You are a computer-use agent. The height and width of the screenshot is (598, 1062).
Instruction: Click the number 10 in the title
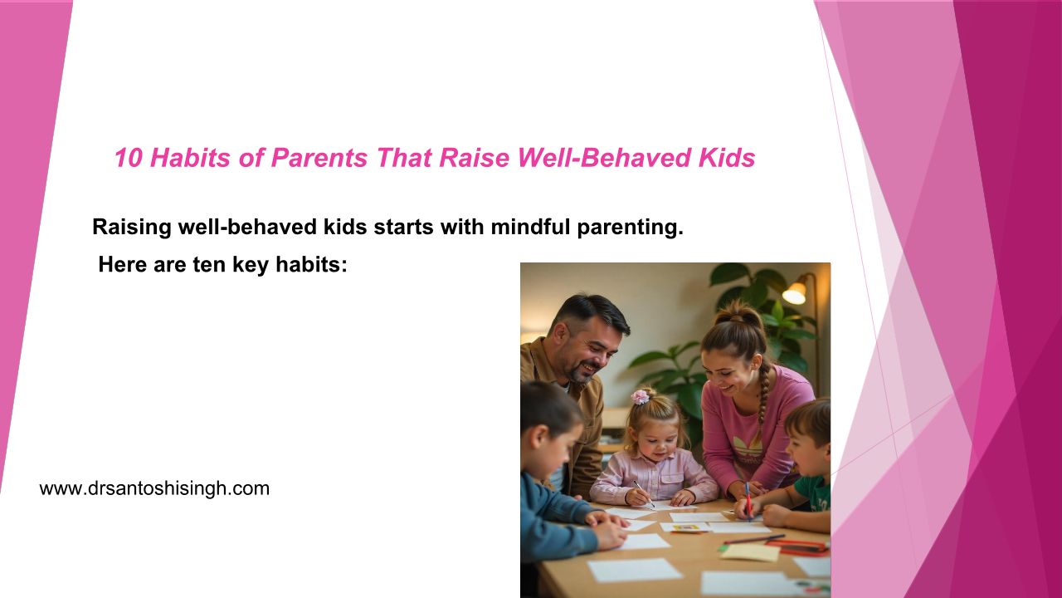point(128,158)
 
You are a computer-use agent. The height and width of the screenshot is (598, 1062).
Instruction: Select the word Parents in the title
point(319,158)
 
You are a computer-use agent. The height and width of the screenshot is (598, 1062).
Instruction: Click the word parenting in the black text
point(630,228)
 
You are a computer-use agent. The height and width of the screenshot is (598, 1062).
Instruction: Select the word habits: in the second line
point(311,264)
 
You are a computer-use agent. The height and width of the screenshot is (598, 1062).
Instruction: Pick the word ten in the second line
point(209,265)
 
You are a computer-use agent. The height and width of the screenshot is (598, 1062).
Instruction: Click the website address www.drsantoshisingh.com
point(154,488)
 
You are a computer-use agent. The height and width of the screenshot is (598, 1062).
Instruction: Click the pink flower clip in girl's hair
point(640,396)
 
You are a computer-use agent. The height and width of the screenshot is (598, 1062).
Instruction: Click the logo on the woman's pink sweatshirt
point(748,449)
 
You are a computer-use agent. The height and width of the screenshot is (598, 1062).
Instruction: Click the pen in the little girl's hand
point(644,493)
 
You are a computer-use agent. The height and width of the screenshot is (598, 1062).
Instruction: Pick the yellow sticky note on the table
point(751,552)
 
